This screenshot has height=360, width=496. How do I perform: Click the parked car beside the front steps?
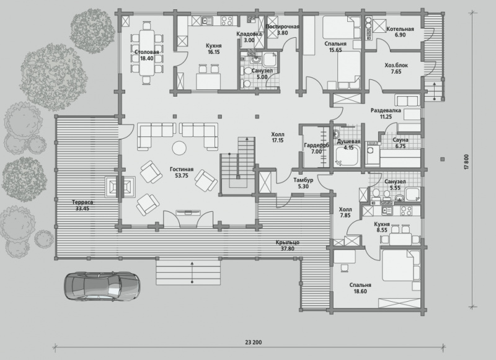[103, 285]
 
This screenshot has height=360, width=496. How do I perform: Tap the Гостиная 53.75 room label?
[181, 172]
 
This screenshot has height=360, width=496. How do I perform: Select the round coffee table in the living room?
[179, 147]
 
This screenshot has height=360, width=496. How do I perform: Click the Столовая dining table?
[147, 53]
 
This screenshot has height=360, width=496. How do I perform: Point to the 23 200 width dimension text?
[254, 342]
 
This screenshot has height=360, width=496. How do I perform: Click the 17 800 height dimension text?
[466, 162]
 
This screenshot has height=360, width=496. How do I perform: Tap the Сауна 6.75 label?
[400, 143]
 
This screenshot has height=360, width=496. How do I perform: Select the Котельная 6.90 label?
[400, 32]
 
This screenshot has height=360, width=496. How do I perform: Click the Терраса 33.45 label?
[82, 206]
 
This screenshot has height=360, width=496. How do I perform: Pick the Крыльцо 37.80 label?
[287, 245]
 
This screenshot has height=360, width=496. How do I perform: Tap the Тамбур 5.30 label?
[303, 183]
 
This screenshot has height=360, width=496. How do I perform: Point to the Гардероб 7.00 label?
[316, 149]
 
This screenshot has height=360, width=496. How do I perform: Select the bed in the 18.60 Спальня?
[401, 265]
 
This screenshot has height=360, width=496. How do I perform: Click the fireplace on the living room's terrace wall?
[120, 187]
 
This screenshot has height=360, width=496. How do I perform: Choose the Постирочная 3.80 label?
[282, 29]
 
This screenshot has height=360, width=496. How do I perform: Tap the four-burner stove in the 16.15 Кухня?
[226, 21]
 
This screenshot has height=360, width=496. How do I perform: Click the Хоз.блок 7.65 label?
[396, 69]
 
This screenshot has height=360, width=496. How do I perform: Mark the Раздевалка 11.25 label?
[386, 113]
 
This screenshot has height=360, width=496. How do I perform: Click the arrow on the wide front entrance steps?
[192, 272]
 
